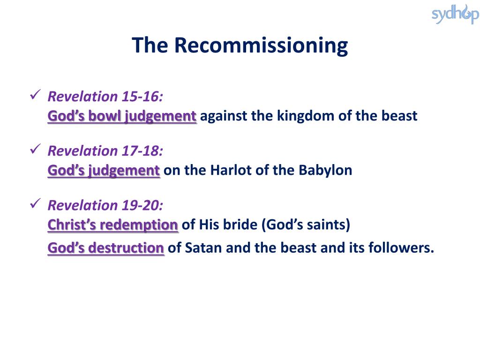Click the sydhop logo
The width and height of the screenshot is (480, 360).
455,14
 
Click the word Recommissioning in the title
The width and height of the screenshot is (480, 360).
261,46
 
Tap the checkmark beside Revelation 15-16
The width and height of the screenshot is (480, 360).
36,94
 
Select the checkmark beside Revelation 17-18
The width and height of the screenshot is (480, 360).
36,149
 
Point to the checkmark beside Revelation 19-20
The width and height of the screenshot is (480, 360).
36,203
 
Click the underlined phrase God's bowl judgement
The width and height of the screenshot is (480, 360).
122,116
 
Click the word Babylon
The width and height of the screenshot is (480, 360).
325,171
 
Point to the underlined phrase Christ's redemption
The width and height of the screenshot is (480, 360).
112,225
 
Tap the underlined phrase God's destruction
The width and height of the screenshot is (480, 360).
105,248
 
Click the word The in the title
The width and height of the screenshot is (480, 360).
150,45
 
